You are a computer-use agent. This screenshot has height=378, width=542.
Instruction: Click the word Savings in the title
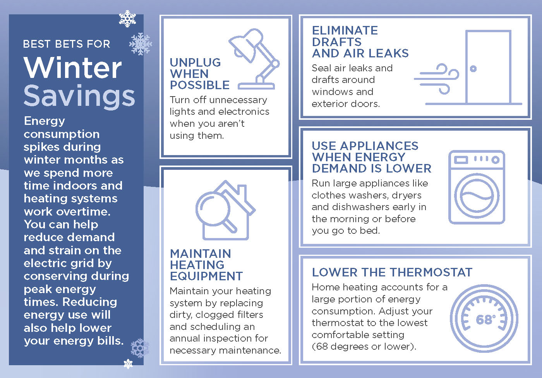(79, 96)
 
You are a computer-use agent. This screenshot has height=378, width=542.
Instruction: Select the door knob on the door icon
(473, 69)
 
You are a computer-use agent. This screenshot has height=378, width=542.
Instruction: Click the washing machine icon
(477, 187)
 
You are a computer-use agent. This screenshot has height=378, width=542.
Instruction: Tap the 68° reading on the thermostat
(485, 319)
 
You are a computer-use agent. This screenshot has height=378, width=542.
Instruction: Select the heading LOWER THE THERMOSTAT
(392, 272)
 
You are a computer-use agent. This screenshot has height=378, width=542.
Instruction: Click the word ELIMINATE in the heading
(345, 31)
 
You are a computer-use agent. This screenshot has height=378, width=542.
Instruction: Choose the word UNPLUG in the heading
(195, 62)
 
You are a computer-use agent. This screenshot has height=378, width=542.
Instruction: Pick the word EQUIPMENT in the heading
(206, 276)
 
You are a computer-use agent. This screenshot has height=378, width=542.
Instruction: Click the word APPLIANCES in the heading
(379, 146)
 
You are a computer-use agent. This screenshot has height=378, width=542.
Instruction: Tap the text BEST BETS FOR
(67, 44)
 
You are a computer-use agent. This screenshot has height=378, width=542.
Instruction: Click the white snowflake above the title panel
(127, 19)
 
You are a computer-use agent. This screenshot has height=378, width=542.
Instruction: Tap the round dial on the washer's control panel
(495, 160)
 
